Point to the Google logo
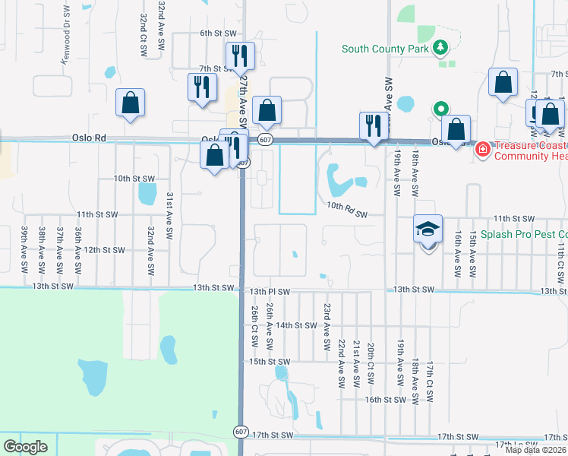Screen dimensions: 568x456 point(25,447)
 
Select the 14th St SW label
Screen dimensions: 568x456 point(295,325)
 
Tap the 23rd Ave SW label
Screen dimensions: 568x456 point(327,321)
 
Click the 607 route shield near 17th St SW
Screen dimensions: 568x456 point(241,431)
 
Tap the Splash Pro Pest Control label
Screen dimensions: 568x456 point(524,235)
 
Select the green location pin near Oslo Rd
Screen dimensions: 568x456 point(439,109)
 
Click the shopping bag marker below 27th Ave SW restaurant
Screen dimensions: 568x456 point(215,156)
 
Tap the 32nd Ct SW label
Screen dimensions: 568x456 point(144,34)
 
